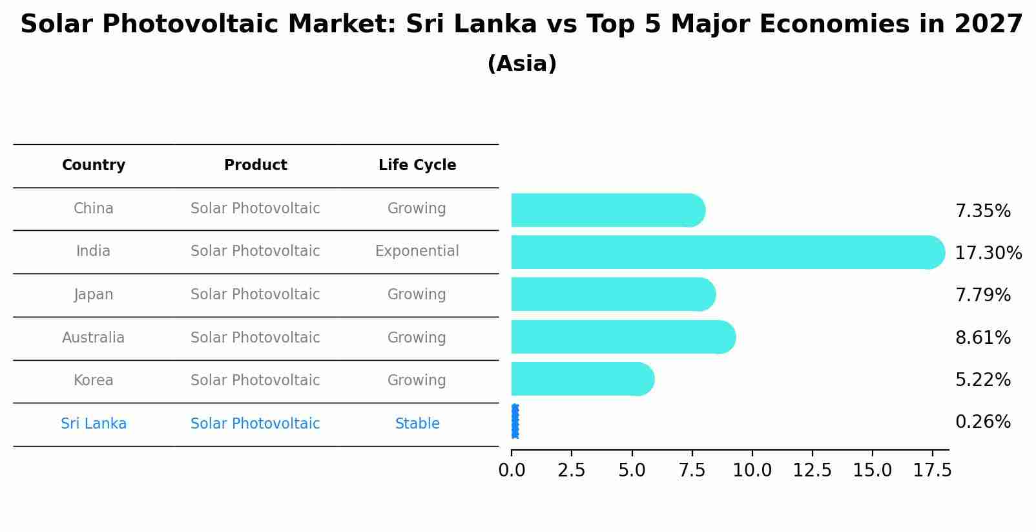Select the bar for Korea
coord(581,379)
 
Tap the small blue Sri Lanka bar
coord(515,421)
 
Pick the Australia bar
coord(620,337)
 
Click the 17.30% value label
coord(988,253)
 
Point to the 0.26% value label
coord(982,422)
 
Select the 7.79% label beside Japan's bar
coord(982,295)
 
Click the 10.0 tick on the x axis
coord(752,471)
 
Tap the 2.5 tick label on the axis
coord(571,471)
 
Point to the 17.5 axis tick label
coord(931,471)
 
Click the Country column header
coord(94,165)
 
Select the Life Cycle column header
coord(417,165)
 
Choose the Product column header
coord(255,165)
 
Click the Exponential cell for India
coord(417,251)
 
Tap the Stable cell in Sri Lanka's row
coord(417,423)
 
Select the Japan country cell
coord(94,294)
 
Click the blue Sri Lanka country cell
coord(94,423)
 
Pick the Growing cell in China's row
coord(417,208)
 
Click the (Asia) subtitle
coord(522,64)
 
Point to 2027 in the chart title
coord(988,25)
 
